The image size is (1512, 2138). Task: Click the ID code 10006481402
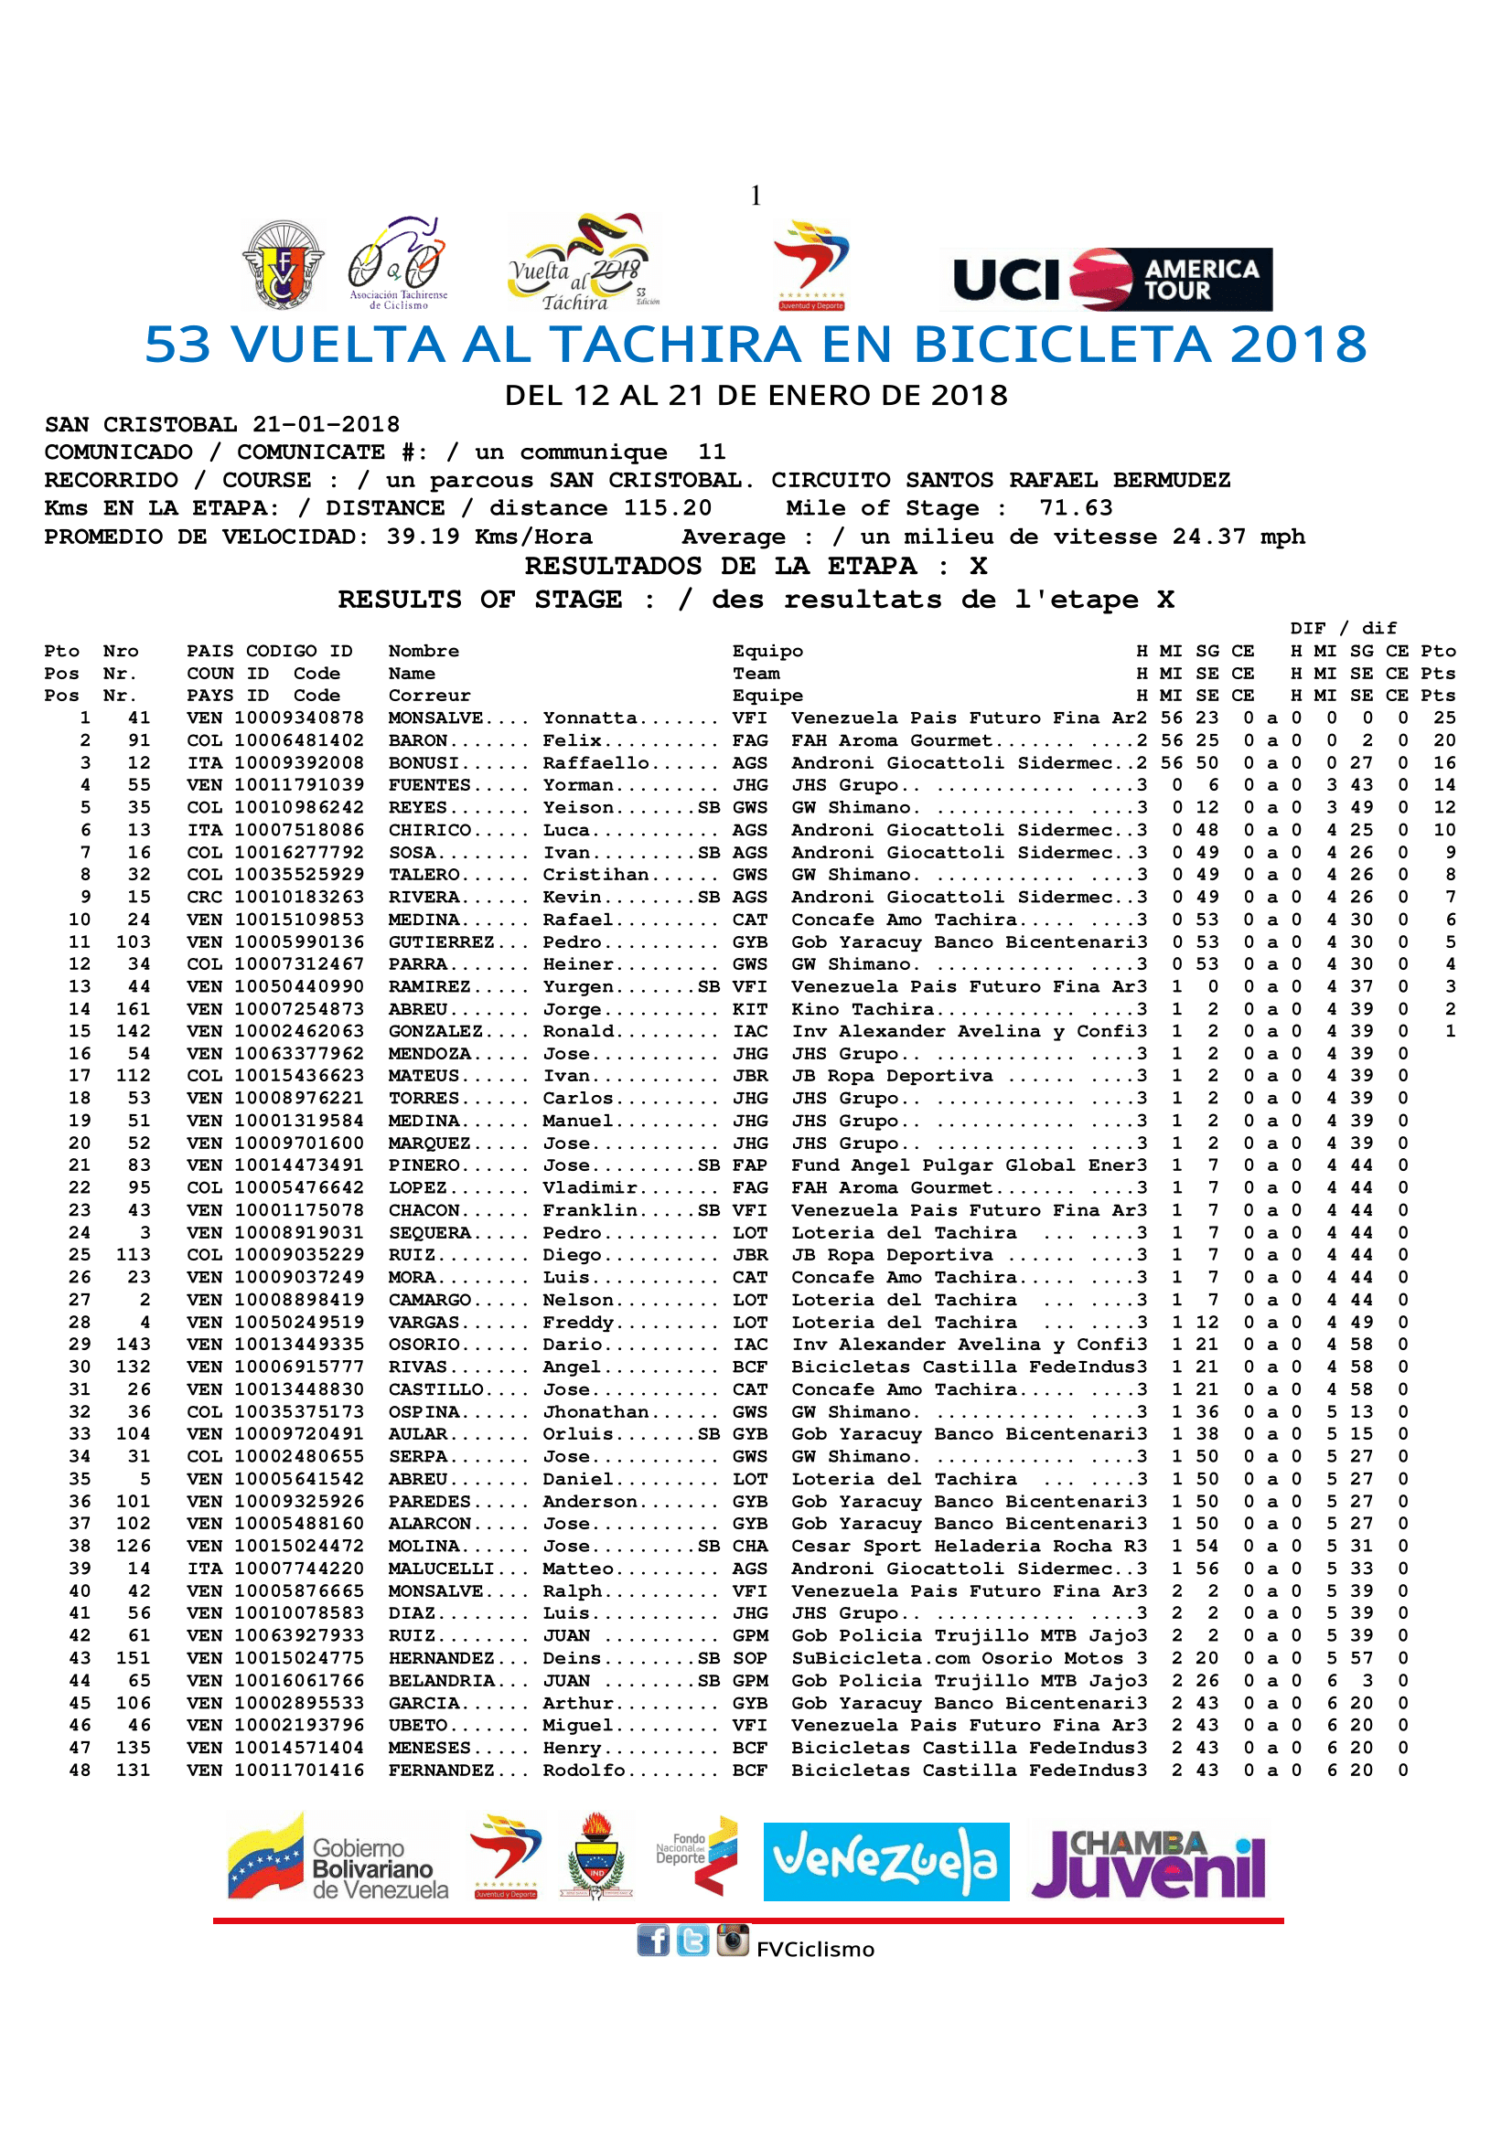[x=298, y=740]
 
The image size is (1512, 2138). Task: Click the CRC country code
[x=204, y=897]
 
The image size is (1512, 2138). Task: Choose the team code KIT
[x=750, y=1008]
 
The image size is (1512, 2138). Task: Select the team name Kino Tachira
[x=863, y=1008]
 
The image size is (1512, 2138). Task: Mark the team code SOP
[x=750, y=1657]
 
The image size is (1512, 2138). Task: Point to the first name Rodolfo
[x=584, y=1770]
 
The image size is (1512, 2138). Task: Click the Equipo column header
[x=767, y=651]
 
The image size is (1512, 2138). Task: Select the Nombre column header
[x=423, y=651]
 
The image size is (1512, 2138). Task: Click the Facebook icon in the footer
[x=653, y=1940]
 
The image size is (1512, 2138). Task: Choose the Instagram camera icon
[x=733, y=1940]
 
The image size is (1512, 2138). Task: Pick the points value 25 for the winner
[x=1444, y=718]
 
